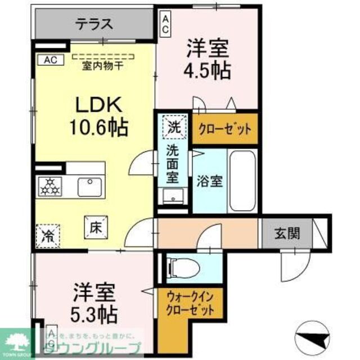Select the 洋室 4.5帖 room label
(x=207, y=60)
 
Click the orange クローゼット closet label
(x=224, y=128)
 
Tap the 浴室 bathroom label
(x=209, y=181)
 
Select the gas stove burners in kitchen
(x=49, y=186)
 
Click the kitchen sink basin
(x=89, y=185)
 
